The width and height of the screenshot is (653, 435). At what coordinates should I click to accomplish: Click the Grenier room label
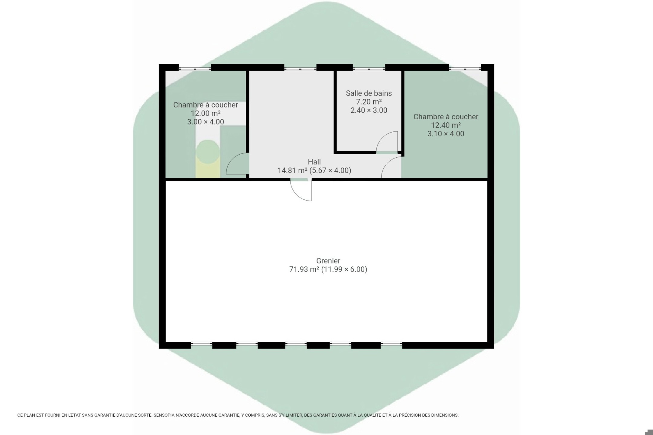tap(328, 261)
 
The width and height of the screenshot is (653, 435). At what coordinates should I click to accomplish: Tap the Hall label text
tap(314, 162)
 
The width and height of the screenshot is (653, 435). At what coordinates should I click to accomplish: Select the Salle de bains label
tap(369, 93)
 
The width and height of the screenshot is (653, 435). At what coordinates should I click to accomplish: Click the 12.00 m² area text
tap(206, 113)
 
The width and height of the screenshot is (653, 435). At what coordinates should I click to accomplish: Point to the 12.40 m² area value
tap(446, 125)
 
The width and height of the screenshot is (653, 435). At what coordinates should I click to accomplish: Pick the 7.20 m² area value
tap(369, 102)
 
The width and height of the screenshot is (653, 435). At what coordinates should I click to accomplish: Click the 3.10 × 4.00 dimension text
tap(446, 134)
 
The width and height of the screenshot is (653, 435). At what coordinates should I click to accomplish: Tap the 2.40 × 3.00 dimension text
tap(369, 110)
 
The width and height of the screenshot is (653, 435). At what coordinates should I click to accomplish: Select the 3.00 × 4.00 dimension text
tap(206, 122)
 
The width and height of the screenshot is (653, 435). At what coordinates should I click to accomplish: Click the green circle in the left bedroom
tap(207, 152)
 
